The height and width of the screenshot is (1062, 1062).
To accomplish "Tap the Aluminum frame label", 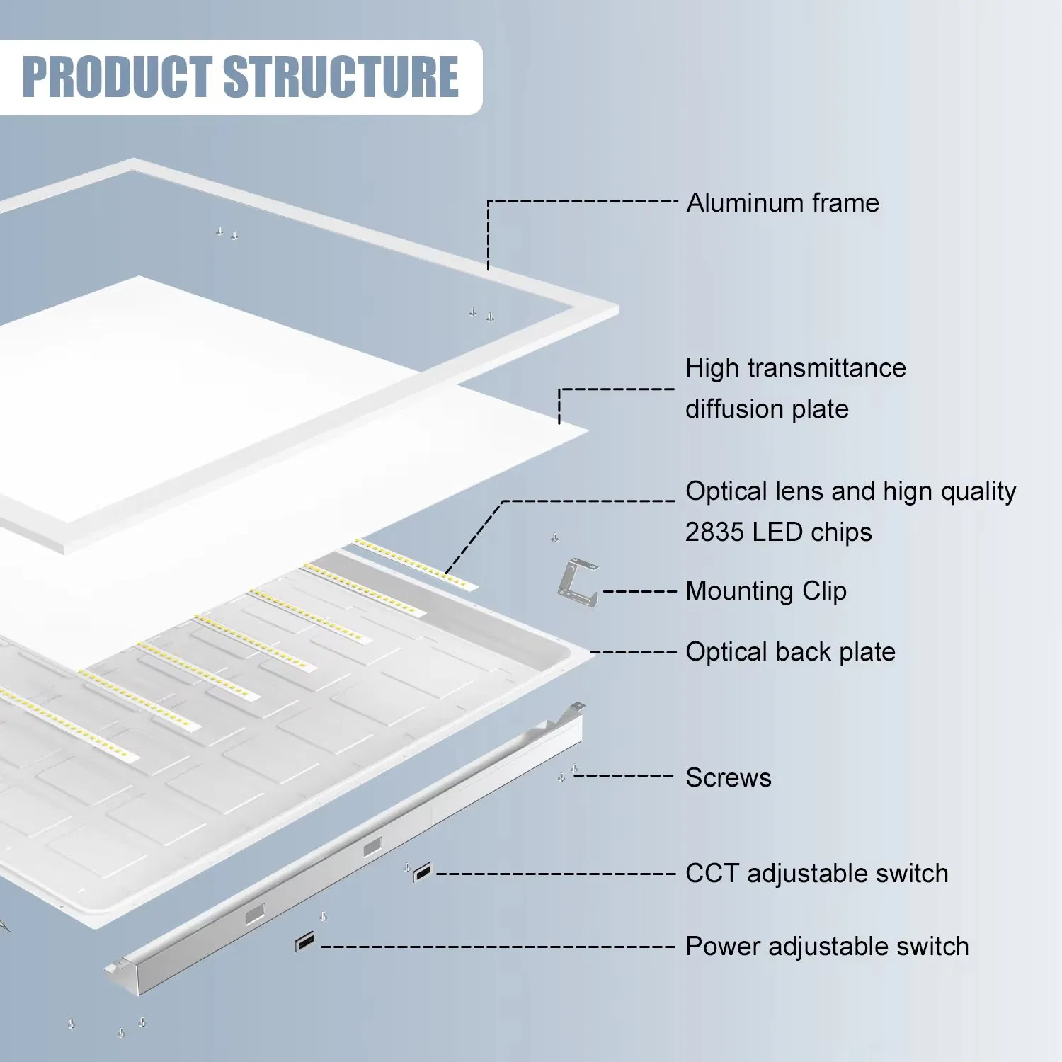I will coord(782,203).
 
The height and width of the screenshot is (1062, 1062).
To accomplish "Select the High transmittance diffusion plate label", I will coord(794,388).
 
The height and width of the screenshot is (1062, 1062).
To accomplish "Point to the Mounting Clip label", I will coord(765,591).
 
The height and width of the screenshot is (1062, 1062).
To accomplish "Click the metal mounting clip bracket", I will coord(578,583).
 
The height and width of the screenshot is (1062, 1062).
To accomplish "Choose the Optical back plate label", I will coord(790,652).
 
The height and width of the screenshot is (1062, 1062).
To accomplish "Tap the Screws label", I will coord(728,778).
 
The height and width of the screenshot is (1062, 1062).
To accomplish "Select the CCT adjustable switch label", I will coord(816,874).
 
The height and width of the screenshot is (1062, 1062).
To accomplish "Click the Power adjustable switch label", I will coord(826,947).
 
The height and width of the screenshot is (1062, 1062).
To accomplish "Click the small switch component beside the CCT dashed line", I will coord(422,873).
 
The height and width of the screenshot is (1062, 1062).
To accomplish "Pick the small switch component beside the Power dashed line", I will coord(304,943).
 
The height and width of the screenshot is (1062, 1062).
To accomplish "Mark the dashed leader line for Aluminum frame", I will coord(581,202).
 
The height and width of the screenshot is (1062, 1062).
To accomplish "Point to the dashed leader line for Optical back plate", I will coord(633,652).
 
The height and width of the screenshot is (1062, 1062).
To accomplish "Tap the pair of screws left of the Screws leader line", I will coord(567,774).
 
